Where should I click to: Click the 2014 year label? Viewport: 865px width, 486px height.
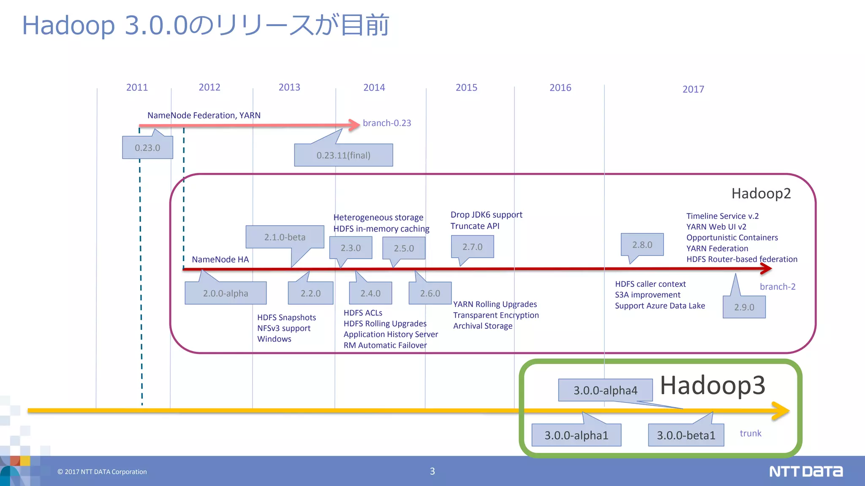[374, 87]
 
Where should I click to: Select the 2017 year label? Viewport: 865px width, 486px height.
[693, 89]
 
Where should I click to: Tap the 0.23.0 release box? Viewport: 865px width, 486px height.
[147, 148]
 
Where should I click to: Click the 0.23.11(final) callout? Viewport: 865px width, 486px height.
[343, 155]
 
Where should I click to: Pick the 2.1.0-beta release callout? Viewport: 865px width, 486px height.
[285, 237]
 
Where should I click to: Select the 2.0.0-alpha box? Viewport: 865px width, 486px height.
[226, 293]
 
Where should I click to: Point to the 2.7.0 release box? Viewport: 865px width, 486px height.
[472, 247]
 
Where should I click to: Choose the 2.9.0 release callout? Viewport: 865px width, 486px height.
[744, 307]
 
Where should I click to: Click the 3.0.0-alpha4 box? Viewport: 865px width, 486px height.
[605, 390]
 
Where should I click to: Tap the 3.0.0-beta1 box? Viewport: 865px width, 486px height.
[686, 435]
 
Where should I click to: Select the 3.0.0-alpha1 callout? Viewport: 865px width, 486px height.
[576, 435]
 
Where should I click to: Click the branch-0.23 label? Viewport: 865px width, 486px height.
[387, 123]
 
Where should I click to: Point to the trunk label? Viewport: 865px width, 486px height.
[751, 433]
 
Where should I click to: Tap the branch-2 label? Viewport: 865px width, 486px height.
[778, 286]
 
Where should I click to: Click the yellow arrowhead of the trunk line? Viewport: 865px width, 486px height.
[781, 410]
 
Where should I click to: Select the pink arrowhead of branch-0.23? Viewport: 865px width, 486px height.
[354, 125]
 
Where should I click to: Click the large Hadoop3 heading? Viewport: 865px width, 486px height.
[713, 385]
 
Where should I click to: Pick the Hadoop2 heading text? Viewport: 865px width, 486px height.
[761, 193]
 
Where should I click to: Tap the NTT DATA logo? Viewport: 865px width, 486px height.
[806, 471]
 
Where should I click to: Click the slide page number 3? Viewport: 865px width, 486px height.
[432, 471]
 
